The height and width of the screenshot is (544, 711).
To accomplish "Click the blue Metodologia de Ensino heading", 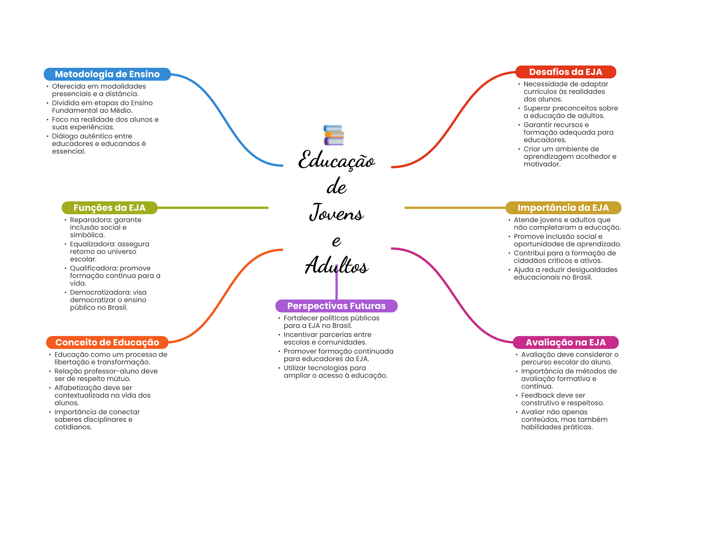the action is [107, 74].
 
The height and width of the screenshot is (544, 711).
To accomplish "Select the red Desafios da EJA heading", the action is [565, 72].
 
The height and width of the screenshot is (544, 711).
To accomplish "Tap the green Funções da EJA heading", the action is [109, 208].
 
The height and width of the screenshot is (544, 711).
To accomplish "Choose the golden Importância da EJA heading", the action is [563, 208].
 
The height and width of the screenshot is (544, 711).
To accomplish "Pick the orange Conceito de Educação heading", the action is [107, 343].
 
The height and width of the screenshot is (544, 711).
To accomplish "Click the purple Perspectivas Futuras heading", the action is [336, 306].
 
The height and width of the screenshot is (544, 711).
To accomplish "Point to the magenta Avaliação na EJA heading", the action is [565, 343].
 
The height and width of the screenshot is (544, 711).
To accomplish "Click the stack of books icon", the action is [334, 135].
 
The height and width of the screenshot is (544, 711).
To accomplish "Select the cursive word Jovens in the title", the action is [336, 213].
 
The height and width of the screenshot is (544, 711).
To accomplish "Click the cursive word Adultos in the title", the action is [336, 266].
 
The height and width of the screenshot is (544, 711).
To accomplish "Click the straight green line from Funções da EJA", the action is [212, 208].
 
